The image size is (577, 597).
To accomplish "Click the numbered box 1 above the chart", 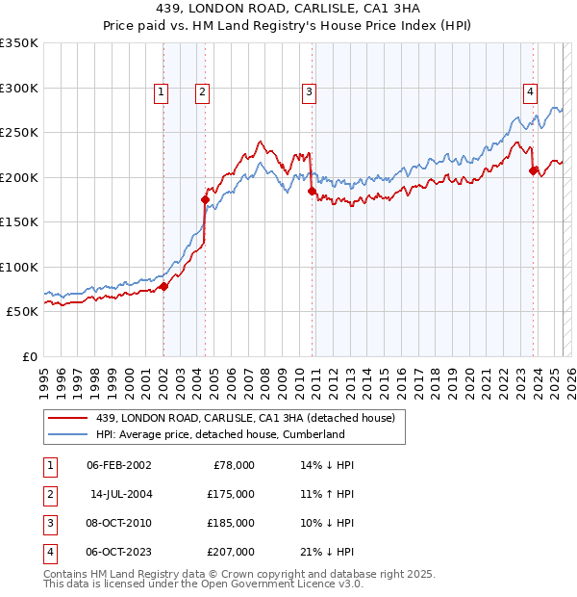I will tap(160, 92).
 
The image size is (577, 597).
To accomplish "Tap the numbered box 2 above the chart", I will tap(203, 92).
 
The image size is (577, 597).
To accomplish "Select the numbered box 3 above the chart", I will tap(309, 92).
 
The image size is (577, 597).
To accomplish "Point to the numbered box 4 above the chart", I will tap(530, 92).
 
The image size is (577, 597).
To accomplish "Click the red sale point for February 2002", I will tap(163, 286).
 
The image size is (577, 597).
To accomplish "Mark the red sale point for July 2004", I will tap(205, 199).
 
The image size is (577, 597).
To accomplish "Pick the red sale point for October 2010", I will tap(312, 191).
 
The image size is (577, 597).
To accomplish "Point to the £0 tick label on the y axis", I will tap(29, 356).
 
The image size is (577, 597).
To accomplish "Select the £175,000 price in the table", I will tap(231, 494).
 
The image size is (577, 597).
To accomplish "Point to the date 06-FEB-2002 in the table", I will tap(118, 465).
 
